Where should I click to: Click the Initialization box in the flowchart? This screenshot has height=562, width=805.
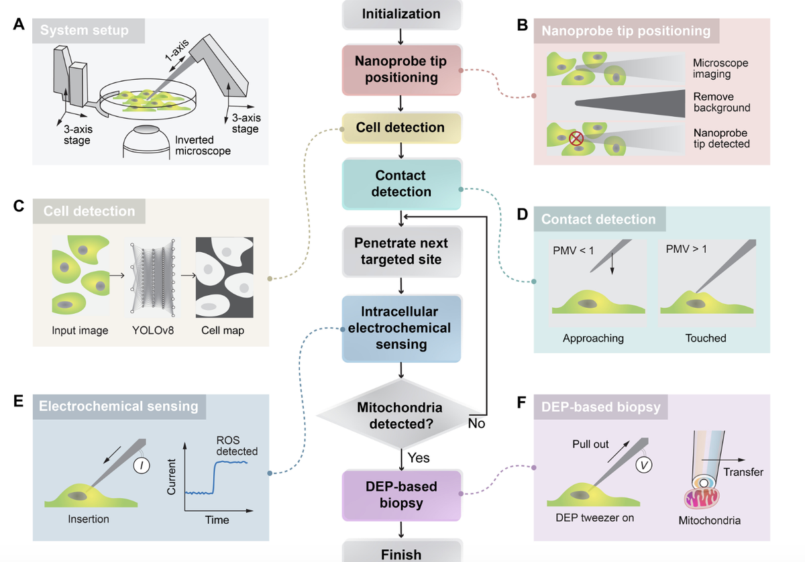pyautogui.click(x=400, y=13)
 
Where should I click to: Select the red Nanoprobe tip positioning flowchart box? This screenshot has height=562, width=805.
pyautogui.click(x=400, y=69)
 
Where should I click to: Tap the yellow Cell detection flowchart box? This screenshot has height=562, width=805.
pyautogui.click(x=400, y=127)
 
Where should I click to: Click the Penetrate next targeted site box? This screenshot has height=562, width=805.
pyautogui.click(x=400, y=251)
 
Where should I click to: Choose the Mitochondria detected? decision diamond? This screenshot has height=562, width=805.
pyautogui.click(x=400, y=416)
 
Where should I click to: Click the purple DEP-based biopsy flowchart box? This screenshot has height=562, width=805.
pyautogui.click(x=400, y=494)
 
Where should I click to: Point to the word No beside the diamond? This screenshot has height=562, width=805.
pyautogui.click(x=476, y=424)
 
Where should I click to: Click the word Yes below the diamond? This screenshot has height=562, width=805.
pyautogui.click(x=419, y=458)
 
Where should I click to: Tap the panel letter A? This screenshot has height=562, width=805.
pyautogui.click(x=19, y=25)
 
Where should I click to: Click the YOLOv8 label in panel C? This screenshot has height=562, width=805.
pyautogui.click(x=152, y=331)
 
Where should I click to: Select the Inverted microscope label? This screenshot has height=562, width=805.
pyautogui.click(x=203, y=146)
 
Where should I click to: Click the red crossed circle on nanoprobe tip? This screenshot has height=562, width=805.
pyautogui.click(x=576, y=139)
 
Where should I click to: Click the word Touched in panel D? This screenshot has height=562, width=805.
pyautogui.click(x=706, y=338)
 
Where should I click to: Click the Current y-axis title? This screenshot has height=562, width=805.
pyautogui.click(x=172, y=477)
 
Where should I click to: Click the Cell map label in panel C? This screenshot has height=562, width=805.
pyautogui.click(x=223, y=331)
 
